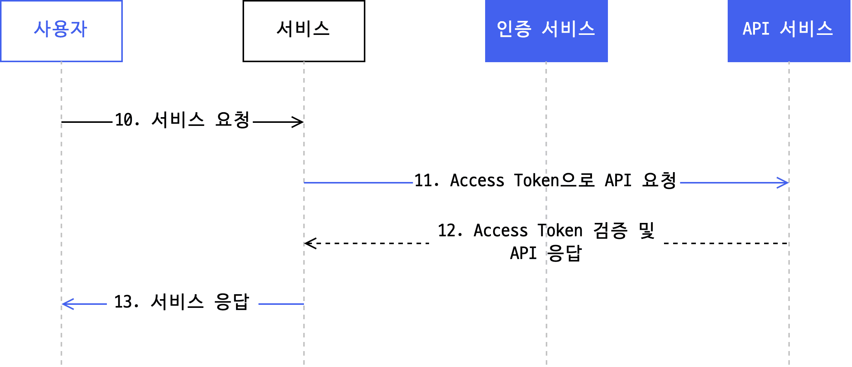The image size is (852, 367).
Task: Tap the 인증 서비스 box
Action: click(x=547, y=31)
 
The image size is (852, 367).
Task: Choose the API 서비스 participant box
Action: click(x=789, y=31)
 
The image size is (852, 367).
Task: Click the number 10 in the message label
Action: click(x=124, y=120)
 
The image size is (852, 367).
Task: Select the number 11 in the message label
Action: click(x=423, y=180)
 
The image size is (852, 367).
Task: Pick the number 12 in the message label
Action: click(x=446, y=231)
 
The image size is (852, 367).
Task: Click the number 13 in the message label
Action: click(x=123, y=302)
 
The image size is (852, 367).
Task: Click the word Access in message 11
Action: click(x=477, y=180)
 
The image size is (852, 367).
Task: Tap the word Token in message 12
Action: click(x=560, y=231)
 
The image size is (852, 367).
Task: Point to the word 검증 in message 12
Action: click(x=611, y=231)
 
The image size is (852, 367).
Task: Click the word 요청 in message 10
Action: click(x=232, y=120)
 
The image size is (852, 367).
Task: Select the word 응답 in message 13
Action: click(x=232, y=302)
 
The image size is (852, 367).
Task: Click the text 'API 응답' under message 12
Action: click(x=546, y=253)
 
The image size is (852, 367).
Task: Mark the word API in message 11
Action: click(x=618, y=180)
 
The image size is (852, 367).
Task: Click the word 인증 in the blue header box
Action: click(x=514, y=29)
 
